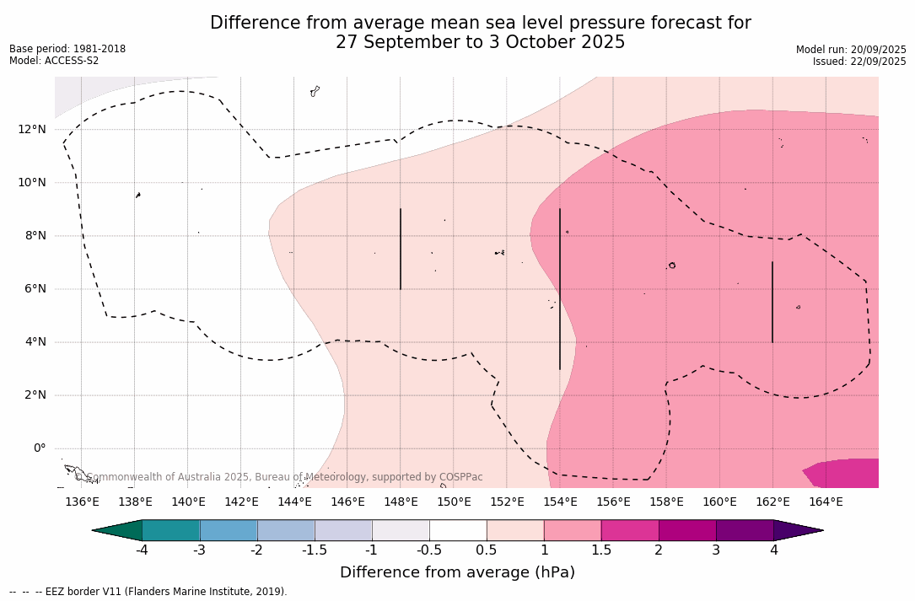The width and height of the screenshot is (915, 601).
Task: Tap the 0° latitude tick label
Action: point(39,448)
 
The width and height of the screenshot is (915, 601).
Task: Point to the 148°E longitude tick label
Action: point(401,502)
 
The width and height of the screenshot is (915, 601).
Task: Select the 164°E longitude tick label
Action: point(826,502)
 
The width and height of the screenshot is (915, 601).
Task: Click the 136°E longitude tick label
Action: point(82,502)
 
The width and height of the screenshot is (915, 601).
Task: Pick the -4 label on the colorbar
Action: point(143,550)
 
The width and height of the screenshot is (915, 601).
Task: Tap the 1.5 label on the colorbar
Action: point(601,550)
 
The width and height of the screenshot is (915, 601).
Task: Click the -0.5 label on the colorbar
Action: point(429,550)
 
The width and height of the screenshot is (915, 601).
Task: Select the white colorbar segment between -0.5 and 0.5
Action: point(458,530)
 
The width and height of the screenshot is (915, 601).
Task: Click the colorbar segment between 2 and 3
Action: point(687,530)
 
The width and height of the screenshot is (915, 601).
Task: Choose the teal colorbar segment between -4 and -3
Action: point(171,530)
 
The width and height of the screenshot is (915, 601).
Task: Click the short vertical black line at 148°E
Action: point(401,249)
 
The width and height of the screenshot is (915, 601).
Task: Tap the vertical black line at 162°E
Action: point(772,302)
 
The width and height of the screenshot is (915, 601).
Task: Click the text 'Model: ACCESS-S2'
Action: point(54,61)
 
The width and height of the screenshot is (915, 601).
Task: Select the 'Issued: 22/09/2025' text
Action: point(859,62)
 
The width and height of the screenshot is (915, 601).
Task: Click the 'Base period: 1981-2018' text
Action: point(67,49)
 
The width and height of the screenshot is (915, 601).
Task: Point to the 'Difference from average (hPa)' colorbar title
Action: point(457,572)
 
